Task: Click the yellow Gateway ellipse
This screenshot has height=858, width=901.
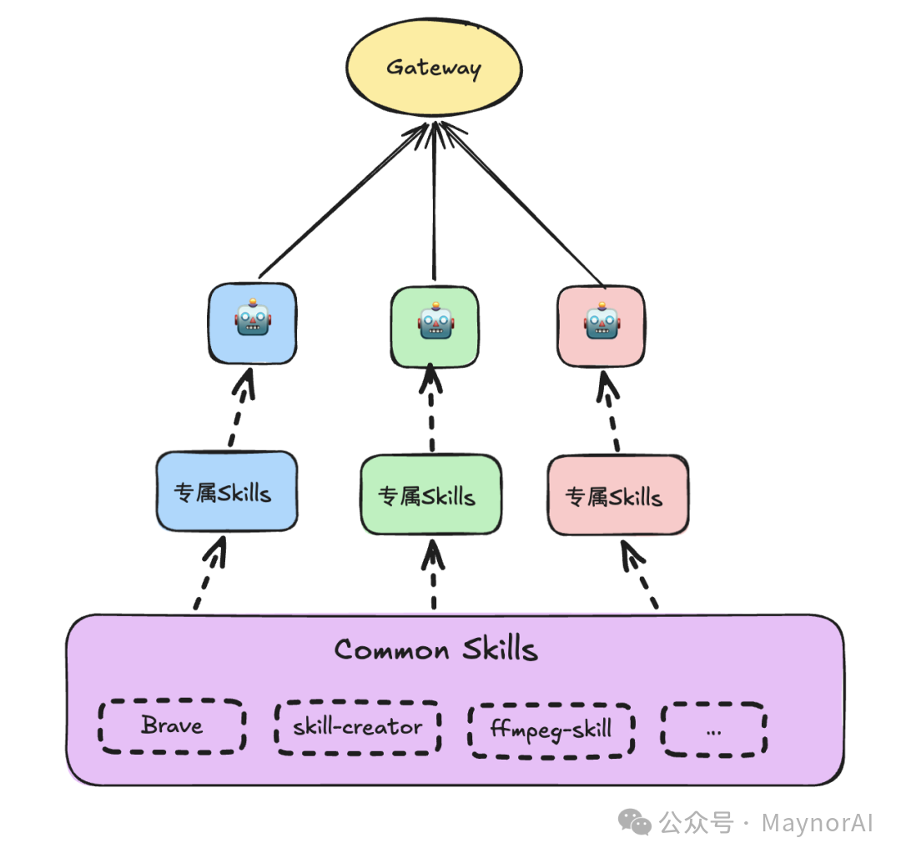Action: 434,68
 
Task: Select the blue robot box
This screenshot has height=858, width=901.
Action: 252,323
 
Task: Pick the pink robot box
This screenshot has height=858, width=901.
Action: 600,326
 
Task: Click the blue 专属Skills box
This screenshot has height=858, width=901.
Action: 226,492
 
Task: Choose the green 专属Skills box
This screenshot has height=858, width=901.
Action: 430,496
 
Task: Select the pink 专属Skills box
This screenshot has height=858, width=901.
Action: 617,496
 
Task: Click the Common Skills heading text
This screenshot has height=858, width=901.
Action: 435,650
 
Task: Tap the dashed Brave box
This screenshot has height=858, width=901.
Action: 172,726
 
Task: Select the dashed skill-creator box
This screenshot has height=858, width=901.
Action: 357,727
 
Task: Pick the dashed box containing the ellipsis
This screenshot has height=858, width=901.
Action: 713,729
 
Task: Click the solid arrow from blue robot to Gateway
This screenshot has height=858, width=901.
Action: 342,203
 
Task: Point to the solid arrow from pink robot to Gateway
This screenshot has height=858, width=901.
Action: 521,204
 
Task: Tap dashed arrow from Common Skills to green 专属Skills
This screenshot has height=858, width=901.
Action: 433,575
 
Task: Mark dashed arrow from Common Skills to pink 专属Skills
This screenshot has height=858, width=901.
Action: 641,575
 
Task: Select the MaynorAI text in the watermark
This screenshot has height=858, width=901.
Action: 817,824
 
